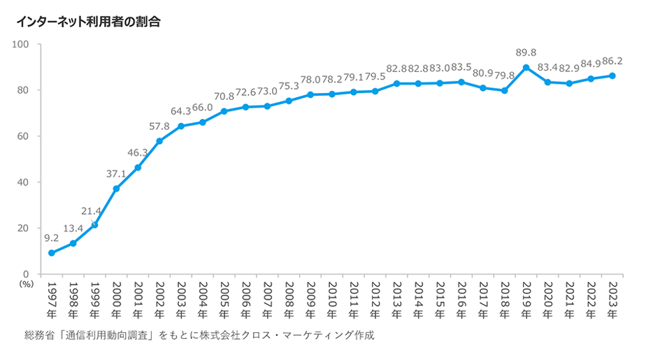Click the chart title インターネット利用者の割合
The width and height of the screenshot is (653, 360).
pos(88,22)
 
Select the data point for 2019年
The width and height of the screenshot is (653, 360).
pos(526,68)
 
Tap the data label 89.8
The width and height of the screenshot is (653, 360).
pos(526,52)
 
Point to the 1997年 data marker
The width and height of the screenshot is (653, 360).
pos(52,253)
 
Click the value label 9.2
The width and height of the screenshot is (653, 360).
pos(52,238)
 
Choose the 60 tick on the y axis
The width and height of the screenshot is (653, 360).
pos(23,136)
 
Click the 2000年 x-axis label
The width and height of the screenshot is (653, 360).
pos(116,298)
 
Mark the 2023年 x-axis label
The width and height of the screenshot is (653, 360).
pos(613,298)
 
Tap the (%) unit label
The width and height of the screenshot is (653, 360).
pos(27,285)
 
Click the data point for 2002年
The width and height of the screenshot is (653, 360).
pos(159,141)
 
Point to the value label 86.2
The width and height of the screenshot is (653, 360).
pos(612,61)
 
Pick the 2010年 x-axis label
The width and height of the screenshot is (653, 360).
pos(332,298)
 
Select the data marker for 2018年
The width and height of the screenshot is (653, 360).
pos(505,91)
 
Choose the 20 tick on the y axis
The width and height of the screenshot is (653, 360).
pos(23,228)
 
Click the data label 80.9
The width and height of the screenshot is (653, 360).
pos(482,73)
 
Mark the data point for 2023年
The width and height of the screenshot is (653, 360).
pos(613,75)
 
